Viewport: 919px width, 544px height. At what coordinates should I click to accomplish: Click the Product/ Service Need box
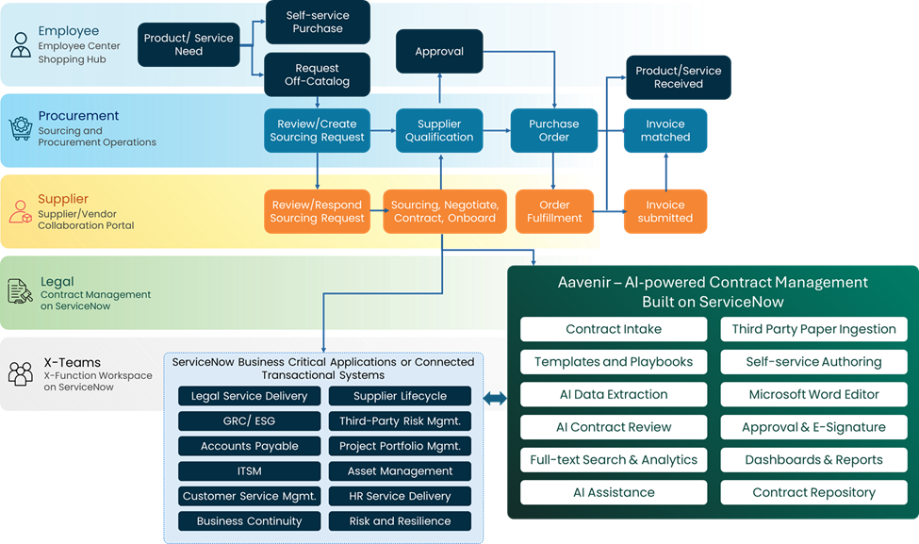pyautogui.click(x=189, y=44)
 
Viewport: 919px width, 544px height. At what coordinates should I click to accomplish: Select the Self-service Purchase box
pyautogui.click(x=317, y=22)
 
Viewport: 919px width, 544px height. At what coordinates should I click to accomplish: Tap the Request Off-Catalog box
pyautogui.click(x=317, y=74)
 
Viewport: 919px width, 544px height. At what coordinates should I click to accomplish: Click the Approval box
pyautogui.click(x=439, y=51)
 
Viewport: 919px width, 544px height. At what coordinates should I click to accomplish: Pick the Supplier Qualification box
pyautogui.click(x=439, y=130)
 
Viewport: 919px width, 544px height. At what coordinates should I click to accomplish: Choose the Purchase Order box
pyautogui.click(x=553, y=130)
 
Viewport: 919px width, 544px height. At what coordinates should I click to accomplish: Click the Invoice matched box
pyautogui.click(x=665, y=130)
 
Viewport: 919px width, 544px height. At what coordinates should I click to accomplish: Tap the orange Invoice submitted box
pyautogui.click(x=665, y=211)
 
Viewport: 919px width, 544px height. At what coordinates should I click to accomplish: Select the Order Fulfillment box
pyautogui.click(x=553, y=211)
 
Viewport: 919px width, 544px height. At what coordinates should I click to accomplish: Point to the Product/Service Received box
pyautogui.click(x=678, y=77)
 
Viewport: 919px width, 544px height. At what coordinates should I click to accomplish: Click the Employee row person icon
pyautogui.click(x=20, y=44)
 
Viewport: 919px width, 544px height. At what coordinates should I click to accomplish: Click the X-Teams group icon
pyautogui.click(x=20, y=373)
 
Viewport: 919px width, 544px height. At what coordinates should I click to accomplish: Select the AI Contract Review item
pyautogui.click(x=614, y=427)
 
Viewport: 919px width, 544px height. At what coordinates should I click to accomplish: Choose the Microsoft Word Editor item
pyautogui.click(x=813, y=394)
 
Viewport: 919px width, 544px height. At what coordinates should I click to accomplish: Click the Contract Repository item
pyautogui.click(x=813, y=492)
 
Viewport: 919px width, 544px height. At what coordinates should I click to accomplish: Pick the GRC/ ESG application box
pyautogui.click(x=249, y=420)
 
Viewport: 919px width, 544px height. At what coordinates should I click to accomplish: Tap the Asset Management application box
pyautogui.click(x=400, y=470)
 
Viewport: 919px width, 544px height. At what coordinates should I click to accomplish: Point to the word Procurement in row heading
pyautogui.click(x=78, y=116)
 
